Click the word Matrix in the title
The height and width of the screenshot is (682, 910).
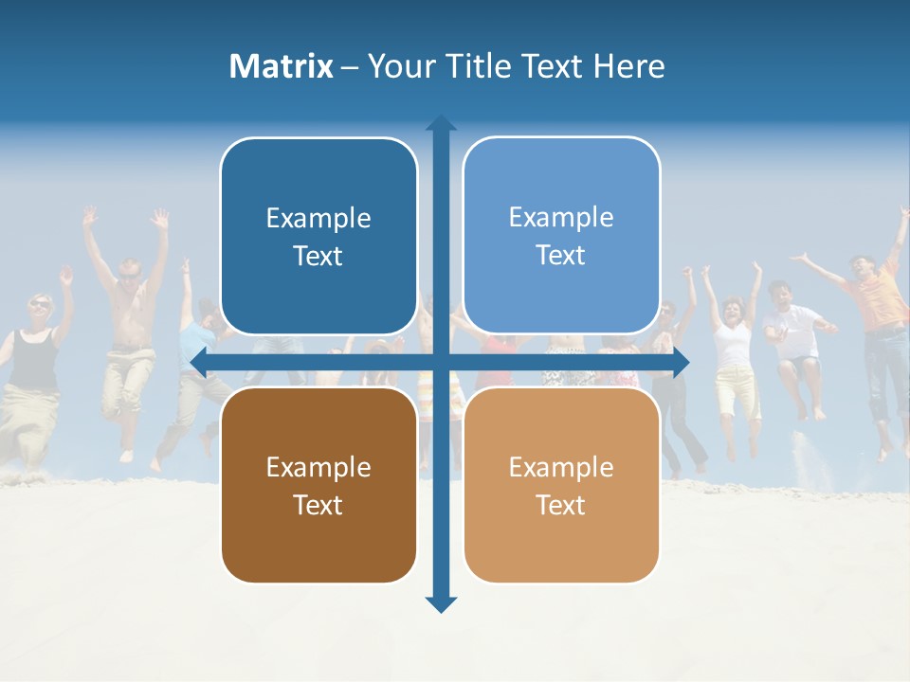(x=281, y=66)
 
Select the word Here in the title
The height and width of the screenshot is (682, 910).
(x=629, y=66)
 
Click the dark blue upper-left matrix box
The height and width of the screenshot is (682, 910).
(x=318, y=236)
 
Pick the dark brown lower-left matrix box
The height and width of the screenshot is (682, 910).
(x=318, y=485)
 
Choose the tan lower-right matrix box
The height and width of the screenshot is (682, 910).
(x=561, y=485)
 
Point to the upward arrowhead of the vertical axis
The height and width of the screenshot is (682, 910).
(x=441, y=124)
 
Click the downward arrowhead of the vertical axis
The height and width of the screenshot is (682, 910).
(x=441, y=603)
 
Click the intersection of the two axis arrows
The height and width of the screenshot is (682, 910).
(x=441, y=361)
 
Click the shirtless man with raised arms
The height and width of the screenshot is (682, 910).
(x=128, y=322)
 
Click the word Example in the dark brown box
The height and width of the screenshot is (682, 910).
(x=318, y=467)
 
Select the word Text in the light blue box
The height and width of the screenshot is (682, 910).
(x=561, y=255)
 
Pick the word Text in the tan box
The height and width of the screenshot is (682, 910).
(x=561, y=505)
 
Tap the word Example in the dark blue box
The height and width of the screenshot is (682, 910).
(x=318, y=218)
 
